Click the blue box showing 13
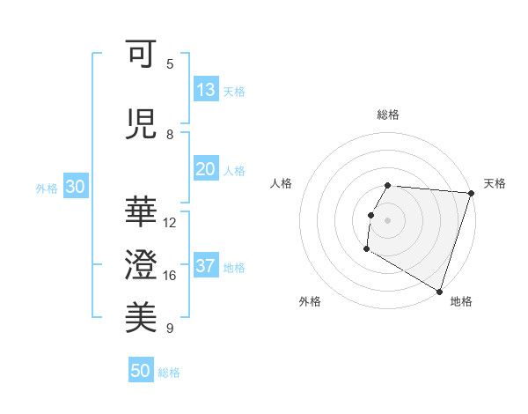pos(205,90)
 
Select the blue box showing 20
pos(205,170)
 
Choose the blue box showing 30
pos(75,188)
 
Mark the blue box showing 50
pos(141,371)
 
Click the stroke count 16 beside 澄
pos(170,276)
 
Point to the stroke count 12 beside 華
pos(170,223)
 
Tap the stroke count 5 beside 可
pos(170,63)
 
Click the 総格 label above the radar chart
pos(388,115)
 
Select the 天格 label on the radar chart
pos(495,183)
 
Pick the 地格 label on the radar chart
pos(461,301)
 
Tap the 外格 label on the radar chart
pos(310,301)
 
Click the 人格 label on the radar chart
pos(282,183)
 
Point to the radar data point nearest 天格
pos(471,193)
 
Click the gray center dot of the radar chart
pos(388,219)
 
